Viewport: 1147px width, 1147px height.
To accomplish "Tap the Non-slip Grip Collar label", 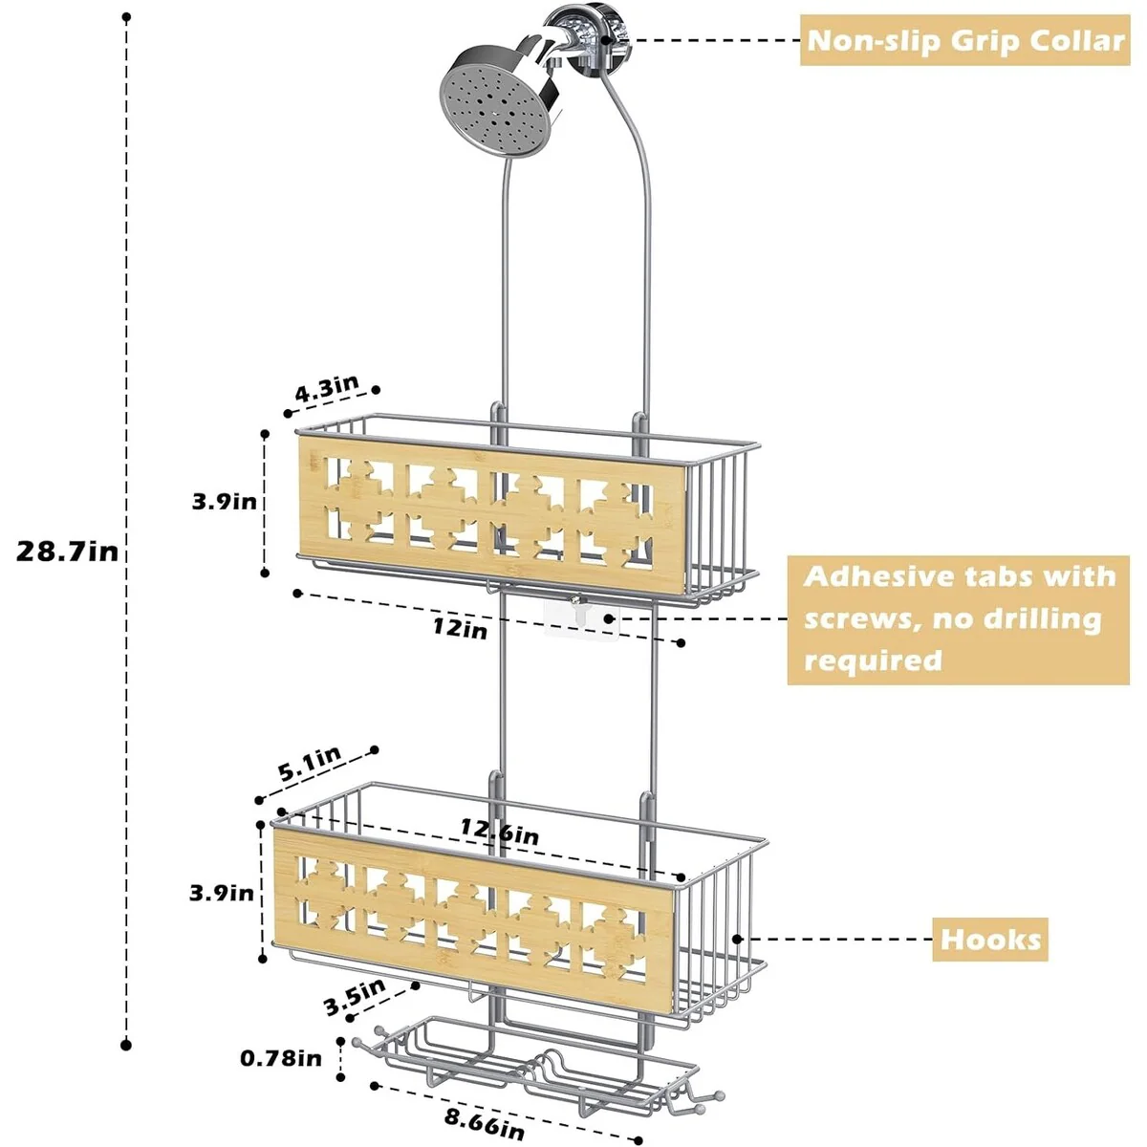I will coord(963,41).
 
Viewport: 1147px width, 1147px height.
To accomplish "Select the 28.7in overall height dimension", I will coord(67,552).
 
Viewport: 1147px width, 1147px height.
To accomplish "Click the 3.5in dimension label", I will coord(355,996).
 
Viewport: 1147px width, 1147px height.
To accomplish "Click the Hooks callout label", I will coord(990,939).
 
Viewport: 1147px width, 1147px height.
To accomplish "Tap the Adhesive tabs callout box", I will coord(958,619).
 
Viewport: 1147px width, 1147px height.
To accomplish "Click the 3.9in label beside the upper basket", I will coord(224,501).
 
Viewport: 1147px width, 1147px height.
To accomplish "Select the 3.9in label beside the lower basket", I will coord(222,893).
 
